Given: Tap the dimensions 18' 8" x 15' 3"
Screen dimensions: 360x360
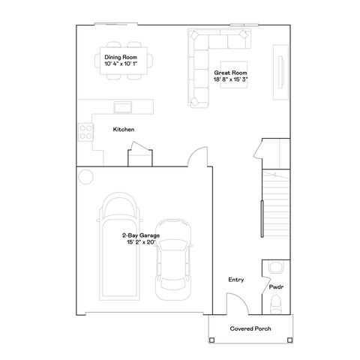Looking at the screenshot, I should coord(231,79).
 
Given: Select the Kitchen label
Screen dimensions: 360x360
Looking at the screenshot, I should coord(123,130).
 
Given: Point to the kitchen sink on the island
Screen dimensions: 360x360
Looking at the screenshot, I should coord(119,105).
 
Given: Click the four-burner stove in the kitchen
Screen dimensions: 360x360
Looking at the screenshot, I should coord(86,132).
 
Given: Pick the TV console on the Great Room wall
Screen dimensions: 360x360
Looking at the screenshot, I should coord(279,73).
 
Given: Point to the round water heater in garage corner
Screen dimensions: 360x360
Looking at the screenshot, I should coord(85,176).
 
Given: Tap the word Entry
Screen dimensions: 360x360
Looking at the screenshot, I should coord(235,280).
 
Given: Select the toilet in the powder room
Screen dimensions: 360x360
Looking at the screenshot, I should coord(274,304).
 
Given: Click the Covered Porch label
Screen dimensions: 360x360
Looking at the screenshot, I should coord(251,329).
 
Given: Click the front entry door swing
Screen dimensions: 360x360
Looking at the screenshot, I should coord(235,304).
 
